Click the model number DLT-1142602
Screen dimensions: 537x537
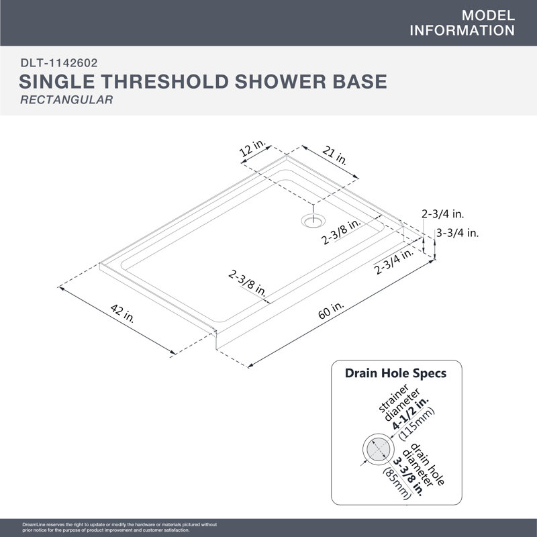[x=59, y=62]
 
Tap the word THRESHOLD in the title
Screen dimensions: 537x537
[x=165, y=81]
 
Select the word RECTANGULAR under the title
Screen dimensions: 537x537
[x=66, y=99]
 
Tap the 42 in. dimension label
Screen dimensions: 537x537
[x=122, y=313]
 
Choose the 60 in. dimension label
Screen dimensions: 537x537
[x=331, y=310]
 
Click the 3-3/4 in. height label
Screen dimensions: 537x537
[x=457, y=233]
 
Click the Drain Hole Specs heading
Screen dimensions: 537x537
[x=395, y=373]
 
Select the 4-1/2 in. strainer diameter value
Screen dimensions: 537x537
[x=411, y=413]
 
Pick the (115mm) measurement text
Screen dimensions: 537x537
[x=417, y=424]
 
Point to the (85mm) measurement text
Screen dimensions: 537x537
[x=397, y=483]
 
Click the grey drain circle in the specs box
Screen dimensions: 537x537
[x=379, y=449]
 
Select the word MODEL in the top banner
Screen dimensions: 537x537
[x=488, y=15]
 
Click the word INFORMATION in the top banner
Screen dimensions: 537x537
[x=462, y=30]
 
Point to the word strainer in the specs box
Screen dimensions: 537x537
[x=393, y=398]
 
